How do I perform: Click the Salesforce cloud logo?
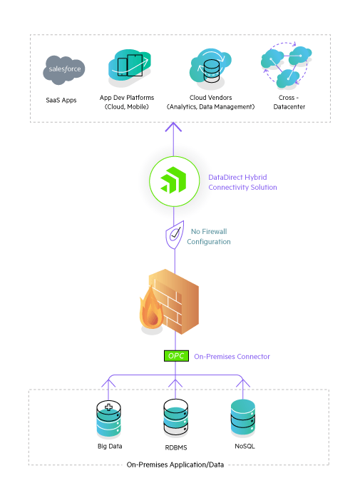(64, 69)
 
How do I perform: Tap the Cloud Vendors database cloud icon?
(211, 67)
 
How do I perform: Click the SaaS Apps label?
(63, 99)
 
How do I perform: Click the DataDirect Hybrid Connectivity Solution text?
(242, 182)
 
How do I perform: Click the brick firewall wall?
(179, 300)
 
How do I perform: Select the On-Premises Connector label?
(232, 356)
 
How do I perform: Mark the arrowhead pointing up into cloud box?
(172, 128)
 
